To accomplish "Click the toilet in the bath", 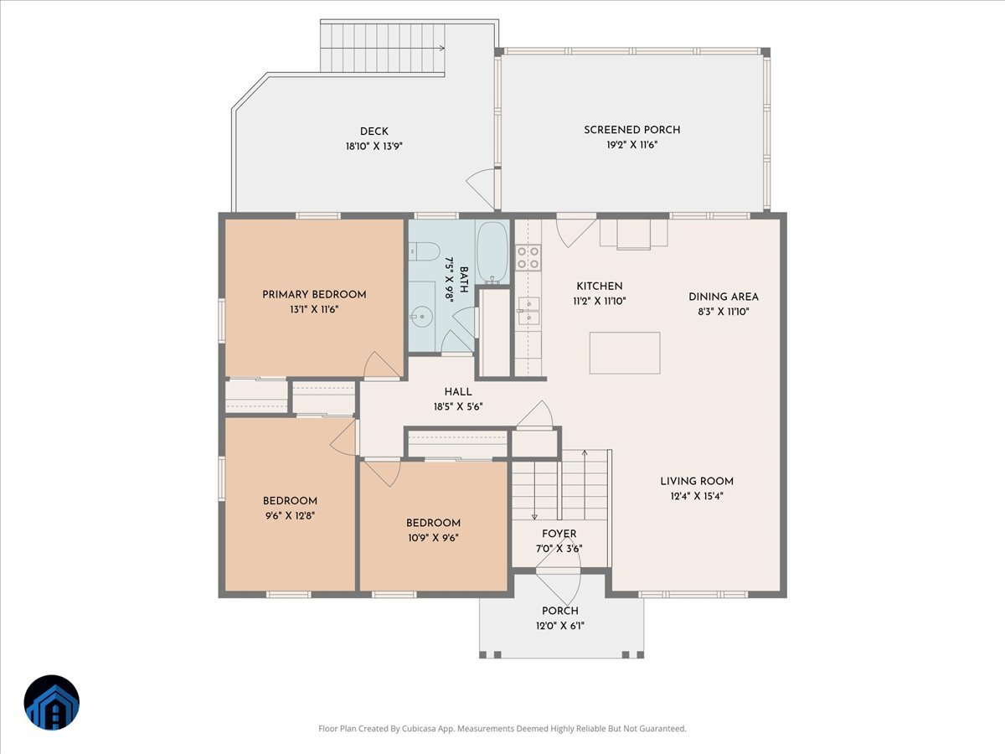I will tap(425, 250).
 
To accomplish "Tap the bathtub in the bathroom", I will tap(492, 252).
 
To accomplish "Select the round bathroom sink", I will tap(421, 316).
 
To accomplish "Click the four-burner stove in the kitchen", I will tap(528, 257).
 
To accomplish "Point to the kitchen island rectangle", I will tap(625, 353).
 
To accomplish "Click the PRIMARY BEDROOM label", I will tap(314, 294).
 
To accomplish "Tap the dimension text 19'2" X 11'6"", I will tap(632, 145).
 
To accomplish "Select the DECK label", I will tap(374, 131).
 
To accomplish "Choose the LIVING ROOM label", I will tap(697, 481).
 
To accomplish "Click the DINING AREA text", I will tap(724, 297).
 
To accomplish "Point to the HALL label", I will tap(458, 391).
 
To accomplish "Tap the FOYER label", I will tap(559, 534).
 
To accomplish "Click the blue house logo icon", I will tap(51, 703).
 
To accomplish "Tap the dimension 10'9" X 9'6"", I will tap(433, 538).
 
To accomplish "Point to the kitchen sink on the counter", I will tap(528, 311).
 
